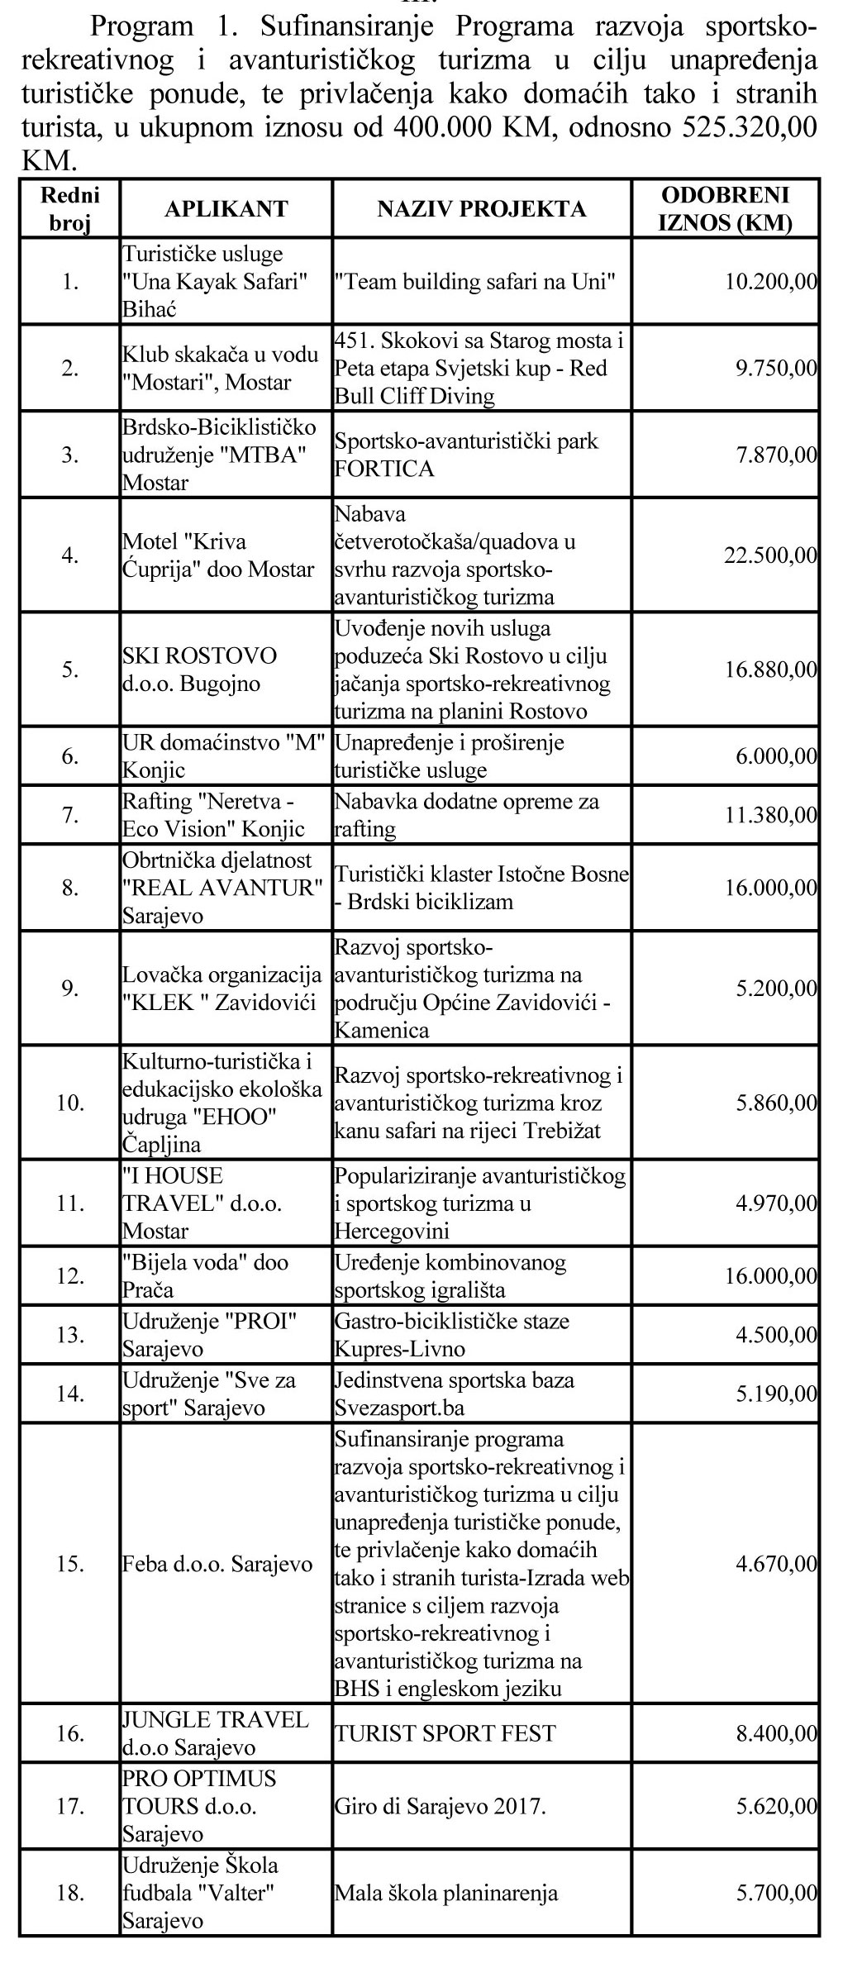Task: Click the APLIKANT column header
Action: point(226,209)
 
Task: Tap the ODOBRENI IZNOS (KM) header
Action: point(726,209)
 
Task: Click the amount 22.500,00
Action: point(770,555)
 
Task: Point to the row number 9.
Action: point(69,989)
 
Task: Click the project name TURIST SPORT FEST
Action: point(445,1733)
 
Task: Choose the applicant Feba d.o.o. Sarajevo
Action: point(217,1564)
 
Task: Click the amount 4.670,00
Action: point(776,1564)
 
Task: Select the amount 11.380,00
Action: point(770,816)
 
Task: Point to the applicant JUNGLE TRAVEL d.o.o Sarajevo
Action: point(215,1733)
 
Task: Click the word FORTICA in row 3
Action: point(383,469)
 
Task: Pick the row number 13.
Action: point(69,1335)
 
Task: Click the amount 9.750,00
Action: point(776,369)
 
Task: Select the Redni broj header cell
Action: point(69,209)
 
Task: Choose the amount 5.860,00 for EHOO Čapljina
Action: point(776,1103)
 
